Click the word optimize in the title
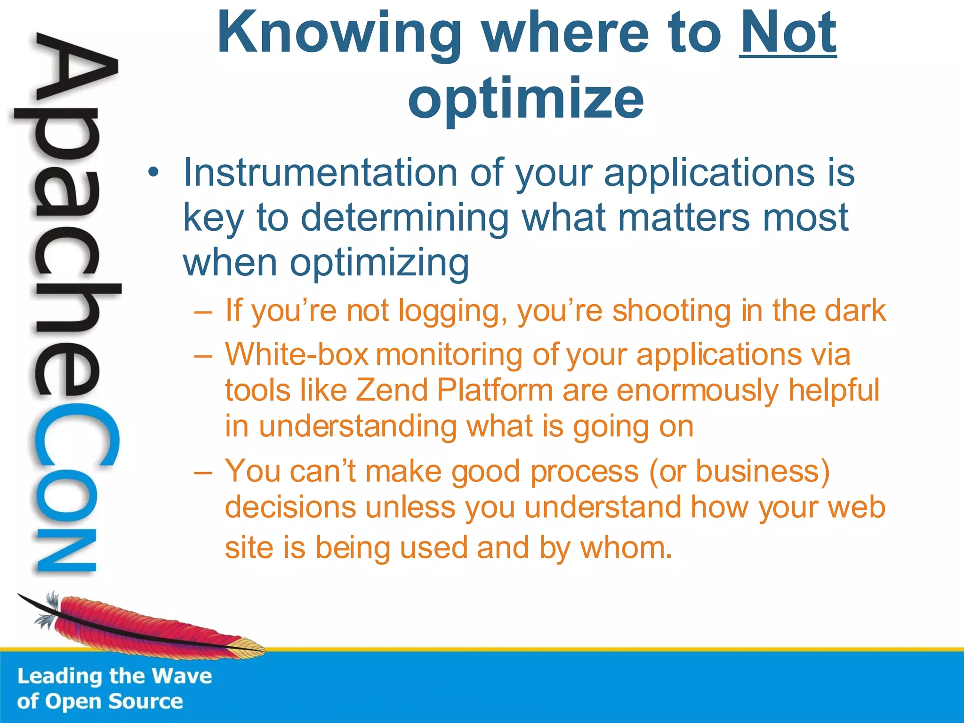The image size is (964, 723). coord(526,99)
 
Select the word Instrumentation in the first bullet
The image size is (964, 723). coord(320,172)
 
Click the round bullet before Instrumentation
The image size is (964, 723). coord(152,173)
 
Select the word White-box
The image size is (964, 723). coord(297,354)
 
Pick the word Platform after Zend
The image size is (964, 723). coord(494,391)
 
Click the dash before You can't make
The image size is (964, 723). coord(203,472)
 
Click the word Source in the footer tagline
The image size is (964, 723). coord(146,701)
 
